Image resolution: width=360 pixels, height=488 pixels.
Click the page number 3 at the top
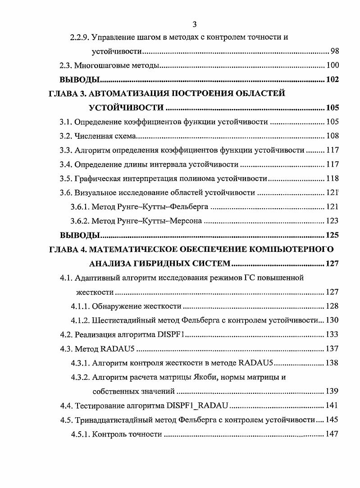pyautogui.click(x=194, y=24)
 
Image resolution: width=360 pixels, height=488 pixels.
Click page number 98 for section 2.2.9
pyautogui.click(x=334, y=51)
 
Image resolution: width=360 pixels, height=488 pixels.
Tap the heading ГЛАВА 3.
pyautogui.click(x=65, y=94)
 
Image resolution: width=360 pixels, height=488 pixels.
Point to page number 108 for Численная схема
pyautogui.click(x=332, y=136)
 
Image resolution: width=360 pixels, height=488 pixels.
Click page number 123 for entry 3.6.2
pyautogui.click(x=332, y=221)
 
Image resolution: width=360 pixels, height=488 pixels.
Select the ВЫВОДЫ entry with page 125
pyautogui.click(x=79, y=235)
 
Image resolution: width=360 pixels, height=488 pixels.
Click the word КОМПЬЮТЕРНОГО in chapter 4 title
pyautogui.click(x=291, y=249)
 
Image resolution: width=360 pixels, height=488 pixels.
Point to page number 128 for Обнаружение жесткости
pyautogui.click(x=332, y=306)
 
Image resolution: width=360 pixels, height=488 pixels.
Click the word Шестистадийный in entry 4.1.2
pyautogui.click(x=122, y=320)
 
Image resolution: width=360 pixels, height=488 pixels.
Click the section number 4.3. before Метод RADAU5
pyautogui.click(x=66, y=348)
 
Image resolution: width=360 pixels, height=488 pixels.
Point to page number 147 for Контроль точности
pyautogui.click(x=332, y=434)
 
